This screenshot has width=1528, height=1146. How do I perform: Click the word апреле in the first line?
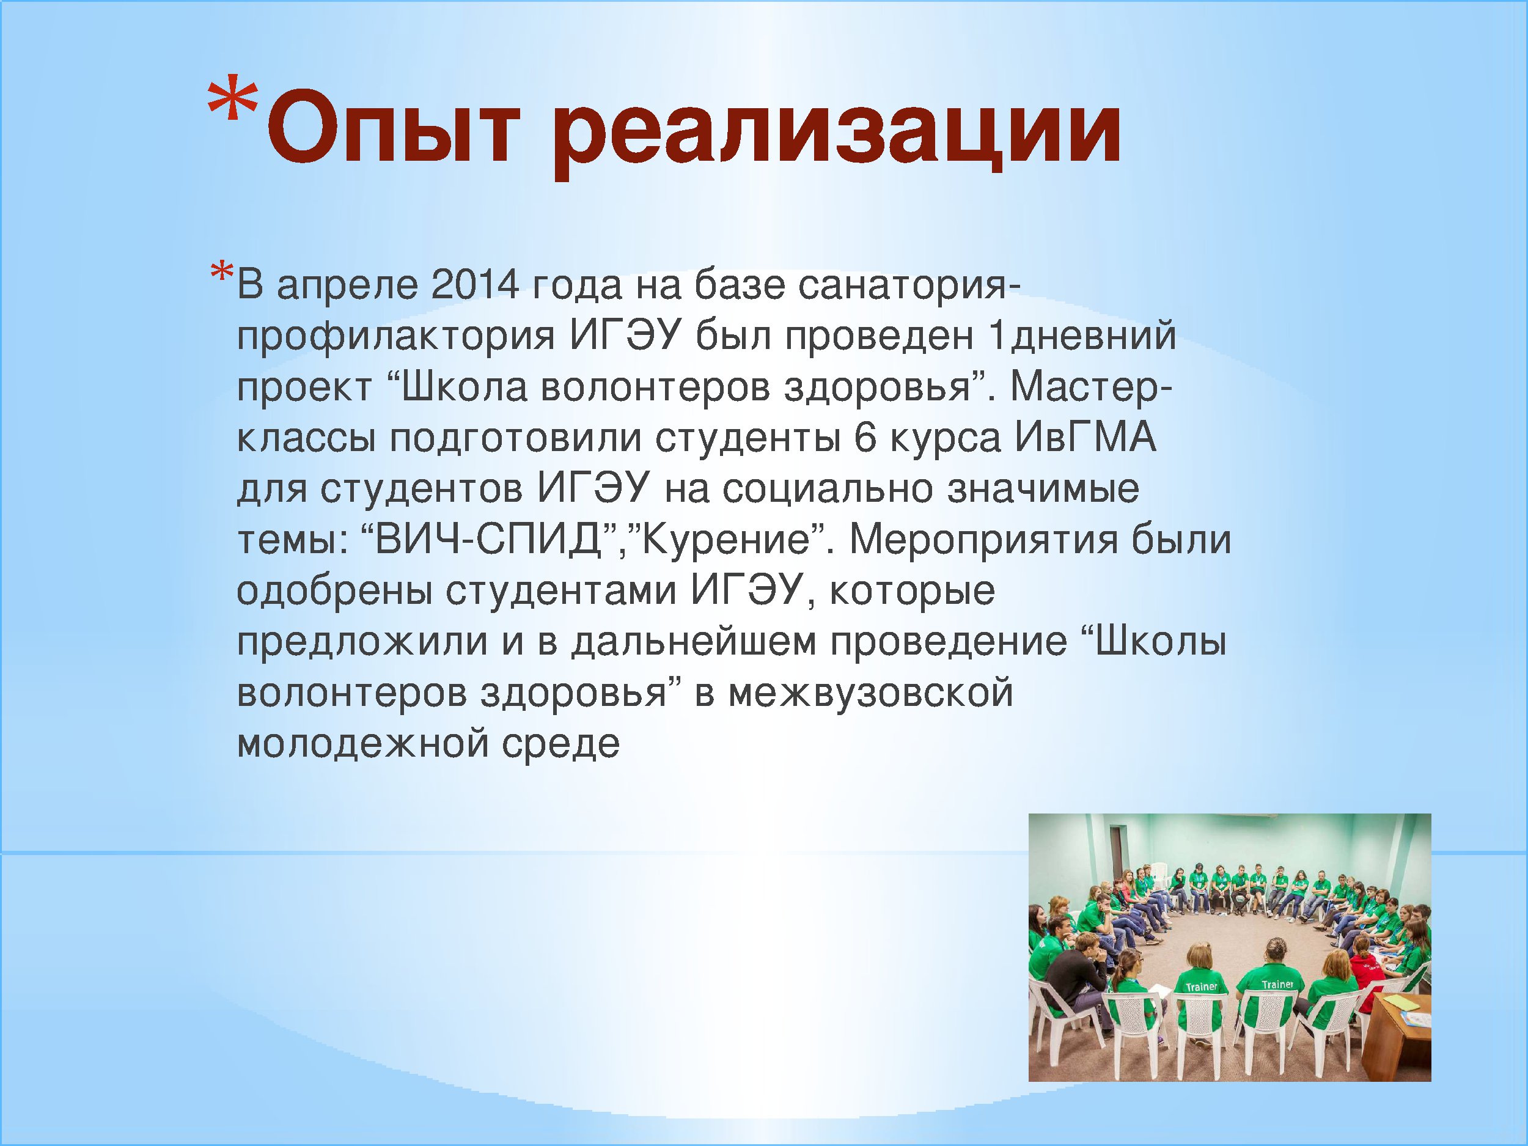347,287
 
